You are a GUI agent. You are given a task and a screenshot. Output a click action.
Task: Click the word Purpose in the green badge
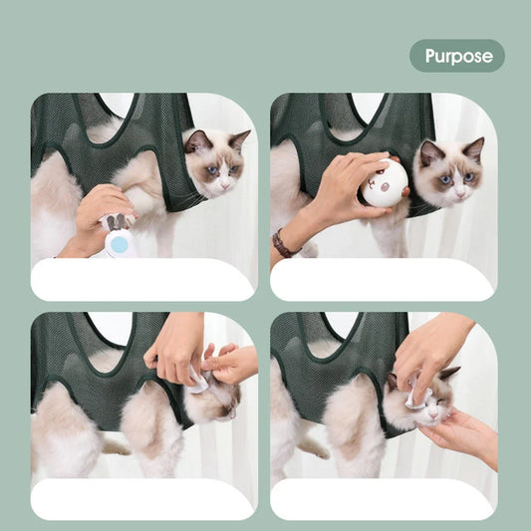(458, 56)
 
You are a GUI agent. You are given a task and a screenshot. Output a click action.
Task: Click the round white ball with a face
(384, 183)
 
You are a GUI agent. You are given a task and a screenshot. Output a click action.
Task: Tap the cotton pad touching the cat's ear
(198, 382)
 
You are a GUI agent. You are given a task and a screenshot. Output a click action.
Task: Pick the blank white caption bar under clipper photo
(142, 280)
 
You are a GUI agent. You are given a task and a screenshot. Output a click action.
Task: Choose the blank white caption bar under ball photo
(383, 280)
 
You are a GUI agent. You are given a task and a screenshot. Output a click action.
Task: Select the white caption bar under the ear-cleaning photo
(142, 498)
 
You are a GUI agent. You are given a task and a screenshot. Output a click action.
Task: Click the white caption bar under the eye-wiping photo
(383, 498)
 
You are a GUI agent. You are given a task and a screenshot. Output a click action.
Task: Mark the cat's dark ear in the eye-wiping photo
(448, 374)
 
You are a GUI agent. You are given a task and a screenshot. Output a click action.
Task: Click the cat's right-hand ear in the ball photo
(474, 149)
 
